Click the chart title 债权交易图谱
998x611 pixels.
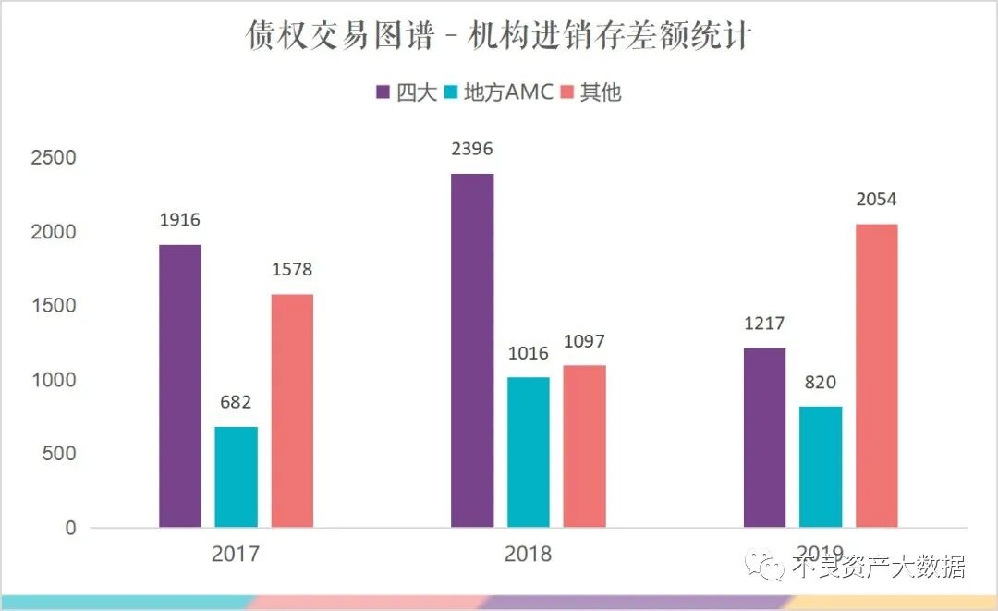[499, 36]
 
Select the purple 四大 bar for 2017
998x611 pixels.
[179, 386]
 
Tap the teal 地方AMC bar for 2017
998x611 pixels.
[236, 477]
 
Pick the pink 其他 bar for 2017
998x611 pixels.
[292, 411]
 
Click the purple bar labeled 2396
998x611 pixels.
[472, 351]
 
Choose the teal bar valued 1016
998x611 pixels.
[529, 453]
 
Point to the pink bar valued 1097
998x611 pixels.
[584, 446]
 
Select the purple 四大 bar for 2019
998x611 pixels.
[764, 438]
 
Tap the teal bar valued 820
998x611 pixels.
[821, 467]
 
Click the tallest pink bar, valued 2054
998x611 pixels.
[876, 376]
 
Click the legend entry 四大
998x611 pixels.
[406, 92]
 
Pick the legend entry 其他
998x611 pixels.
[590, 92]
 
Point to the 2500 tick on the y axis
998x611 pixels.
[53, 158]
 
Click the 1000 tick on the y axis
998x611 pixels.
[53, 380]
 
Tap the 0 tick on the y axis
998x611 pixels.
[70, 528]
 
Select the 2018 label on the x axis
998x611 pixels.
[528, 555]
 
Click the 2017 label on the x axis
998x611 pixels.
[236, 555]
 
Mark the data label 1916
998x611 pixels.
[179, 221]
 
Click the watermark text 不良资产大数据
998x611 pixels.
[878, 566]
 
